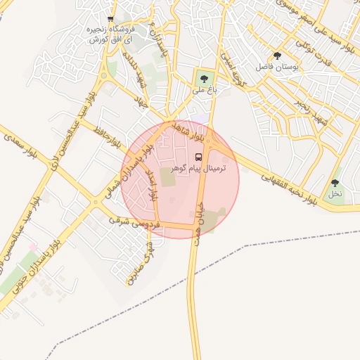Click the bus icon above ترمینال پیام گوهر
pos(198,157)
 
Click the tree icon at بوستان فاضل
pos(277,56)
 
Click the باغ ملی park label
pos(204,89)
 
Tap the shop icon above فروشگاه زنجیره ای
pos(110,19)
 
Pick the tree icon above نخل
pos(335,184)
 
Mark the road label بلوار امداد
pos(150,184)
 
